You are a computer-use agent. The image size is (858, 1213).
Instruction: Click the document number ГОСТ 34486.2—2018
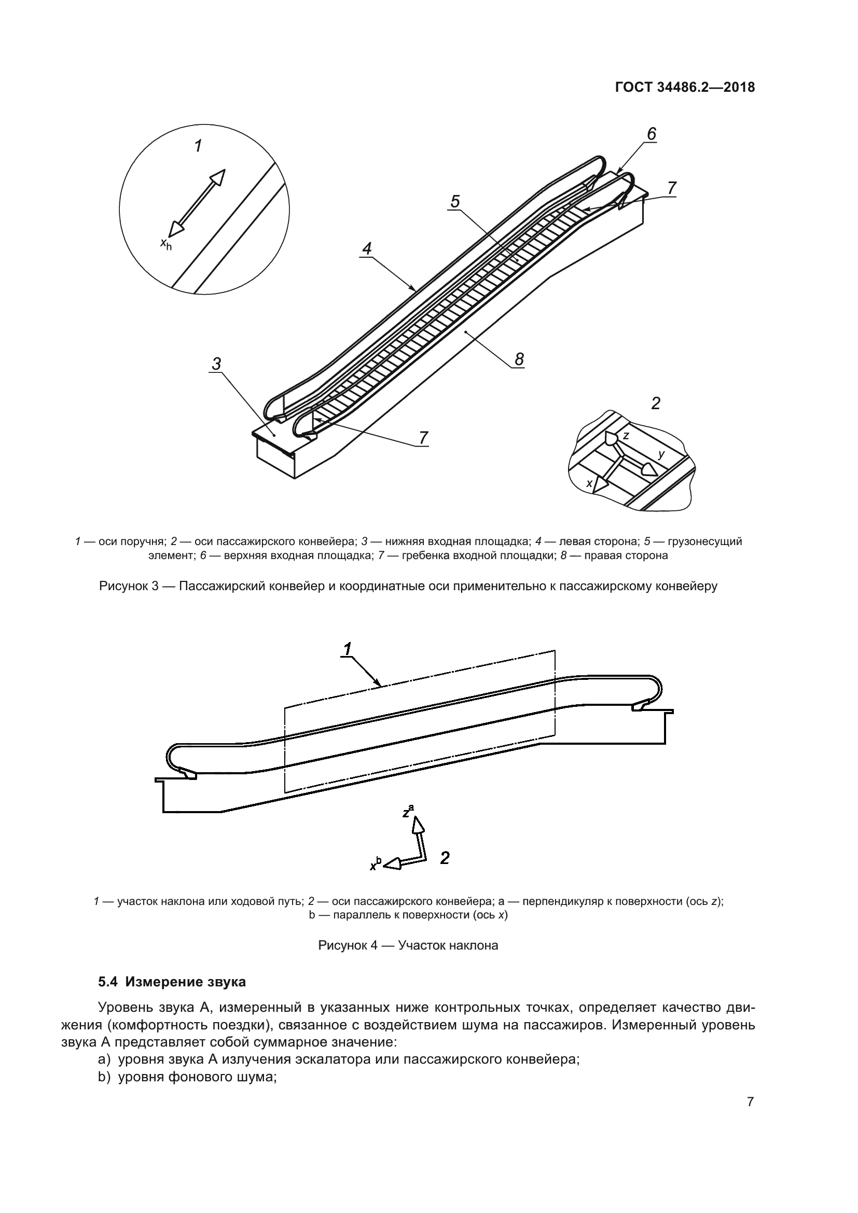pyautogui.click(x=685, y=88)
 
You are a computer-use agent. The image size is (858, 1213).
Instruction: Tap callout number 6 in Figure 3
pyautogui.click(x=652, y=134)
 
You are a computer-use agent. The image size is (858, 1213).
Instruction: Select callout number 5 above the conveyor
pyautogui.click(x=455, y=201)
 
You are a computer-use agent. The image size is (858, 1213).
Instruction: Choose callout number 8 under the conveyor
pyautogui.click(x=519, y=359)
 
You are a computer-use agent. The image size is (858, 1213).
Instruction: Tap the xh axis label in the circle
pyautogui.click(x=166, y=244)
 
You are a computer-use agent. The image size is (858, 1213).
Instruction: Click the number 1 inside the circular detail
pyautogui.click(x=198, y=146)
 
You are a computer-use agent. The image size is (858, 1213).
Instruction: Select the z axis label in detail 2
pyautogui.click(x=626, y=436)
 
